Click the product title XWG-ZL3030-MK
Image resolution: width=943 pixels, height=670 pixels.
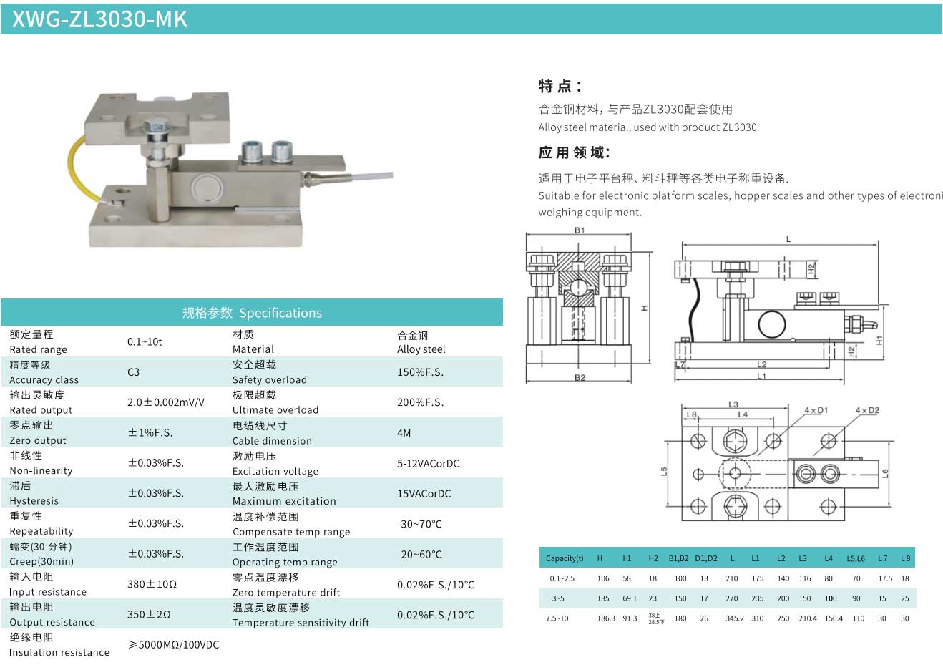[99, 19]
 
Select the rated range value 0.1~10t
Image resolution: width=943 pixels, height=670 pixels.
[145, 341]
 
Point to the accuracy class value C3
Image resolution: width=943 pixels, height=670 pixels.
[133, 372]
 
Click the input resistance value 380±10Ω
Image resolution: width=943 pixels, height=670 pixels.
[152, 584]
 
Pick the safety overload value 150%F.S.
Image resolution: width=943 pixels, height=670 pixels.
[420, 372]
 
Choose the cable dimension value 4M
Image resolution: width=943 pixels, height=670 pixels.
[404, 433]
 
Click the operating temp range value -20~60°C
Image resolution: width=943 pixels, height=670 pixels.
[419, 554]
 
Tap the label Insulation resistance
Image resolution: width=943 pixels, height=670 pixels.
[59, 652]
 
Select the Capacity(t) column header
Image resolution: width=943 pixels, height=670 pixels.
[565, 558]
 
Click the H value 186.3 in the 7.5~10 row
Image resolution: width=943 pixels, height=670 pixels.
[606, 618]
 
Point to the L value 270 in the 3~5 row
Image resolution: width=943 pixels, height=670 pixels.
[732, 598]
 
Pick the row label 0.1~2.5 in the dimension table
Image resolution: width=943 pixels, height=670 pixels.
[562, 578]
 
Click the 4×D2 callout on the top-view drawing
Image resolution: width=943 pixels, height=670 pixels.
[867, 410]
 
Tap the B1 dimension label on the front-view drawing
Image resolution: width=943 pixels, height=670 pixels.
[580, 230]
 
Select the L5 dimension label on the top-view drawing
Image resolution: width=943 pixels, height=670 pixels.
[664, 472]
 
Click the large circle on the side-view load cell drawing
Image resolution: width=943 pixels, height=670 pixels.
[772, 324]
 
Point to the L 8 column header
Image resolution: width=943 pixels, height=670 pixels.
[905, 558]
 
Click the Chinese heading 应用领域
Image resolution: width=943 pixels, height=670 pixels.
[575, 152]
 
